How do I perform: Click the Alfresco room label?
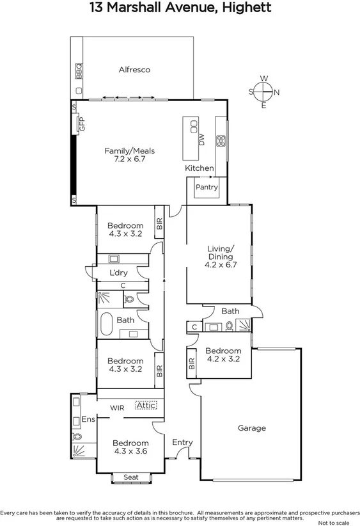pyautogui.click(x=134, y=70)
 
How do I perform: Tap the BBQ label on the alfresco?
pyautogui.click(x=79, y=70)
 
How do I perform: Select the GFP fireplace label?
pyautogui.click(x=82, y=124)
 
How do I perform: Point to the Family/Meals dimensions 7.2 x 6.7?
pyautogui.click(x=130, y=160)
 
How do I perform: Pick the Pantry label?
pyautogui.click(x=207, y=187)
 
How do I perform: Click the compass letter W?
pyautogui.click(x=263, y=79)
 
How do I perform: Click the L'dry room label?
pyautogui.click(x=119, y=273)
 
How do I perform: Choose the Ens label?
pyautogui.click(x=88, y=420)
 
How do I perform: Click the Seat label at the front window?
pyautogui.click(x=130, y=477)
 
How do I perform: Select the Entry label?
pyautogui.click(x=182, y=442)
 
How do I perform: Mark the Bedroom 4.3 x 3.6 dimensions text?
pyautogui.click(x=130, y=452)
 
